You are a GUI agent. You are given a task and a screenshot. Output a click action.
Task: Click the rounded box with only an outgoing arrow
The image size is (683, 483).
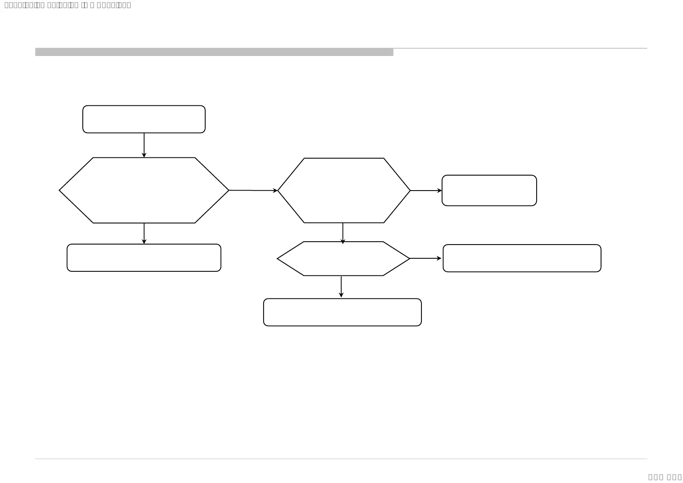coord(144,119)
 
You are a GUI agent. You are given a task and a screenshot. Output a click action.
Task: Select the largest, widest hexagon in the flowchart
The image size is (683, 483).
coord(144,190)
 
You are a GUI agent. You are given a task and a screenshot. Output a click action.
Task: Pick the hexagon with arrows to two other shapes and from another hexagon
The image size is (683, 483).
coord(344,190)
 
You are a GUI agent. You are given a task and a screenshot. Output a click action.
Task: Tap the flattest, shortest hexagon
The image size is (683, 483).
coord(343,259)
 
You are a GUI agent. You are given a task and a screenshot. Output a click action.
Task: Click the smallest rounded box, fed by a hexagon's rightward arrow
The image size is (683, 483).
coord(489,191)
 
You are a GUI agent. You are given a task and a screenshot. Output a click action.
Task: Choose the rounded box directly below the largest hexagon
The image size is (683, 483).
coord(144,258)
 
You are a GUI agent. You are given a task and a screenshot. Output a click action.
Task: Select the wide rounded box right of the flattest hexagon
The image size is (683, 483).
coord(522,258)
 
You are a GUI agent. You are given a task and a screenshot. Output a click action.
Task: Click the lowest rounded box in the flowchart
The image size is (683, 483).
coord(342,312)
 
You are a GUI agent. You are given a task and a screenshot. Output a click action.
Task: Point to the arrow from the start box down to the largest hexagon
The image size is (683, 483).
coord(144,145)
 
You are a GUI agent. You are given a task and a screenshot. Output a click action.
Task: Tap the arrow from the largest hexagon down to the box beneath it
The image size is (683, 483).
coord(144,234)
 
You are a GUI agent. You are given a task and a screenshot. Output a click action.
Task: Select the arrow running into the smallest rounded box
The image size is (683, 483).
coord(426,191)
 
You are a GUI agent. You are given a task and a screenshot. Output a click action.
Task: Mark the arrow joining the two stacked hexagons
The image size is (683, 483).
coord(343,233)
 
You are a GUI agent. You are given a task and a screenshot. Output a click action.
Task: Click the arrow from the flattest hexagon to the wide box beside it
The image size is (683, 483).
coord(425,258)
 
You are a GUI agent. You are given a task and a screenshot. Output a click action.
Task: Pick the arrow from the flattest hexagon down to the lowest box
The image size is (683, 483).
coord(341,287)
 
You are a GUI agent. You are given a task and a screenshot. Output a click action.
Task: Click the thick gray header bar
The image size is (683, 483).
coord(214,52)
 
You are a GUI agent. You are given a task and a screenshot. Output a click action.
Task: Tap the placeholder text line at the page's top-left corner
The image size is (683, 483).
coord(67,5)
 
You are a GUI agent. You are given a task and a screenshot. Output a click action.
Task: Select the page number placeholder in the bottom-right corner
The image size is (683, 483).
coord(665,477)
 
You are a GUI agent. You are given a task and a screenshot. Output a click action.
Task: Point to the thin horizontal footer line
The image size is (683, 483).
coord(341,459)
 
